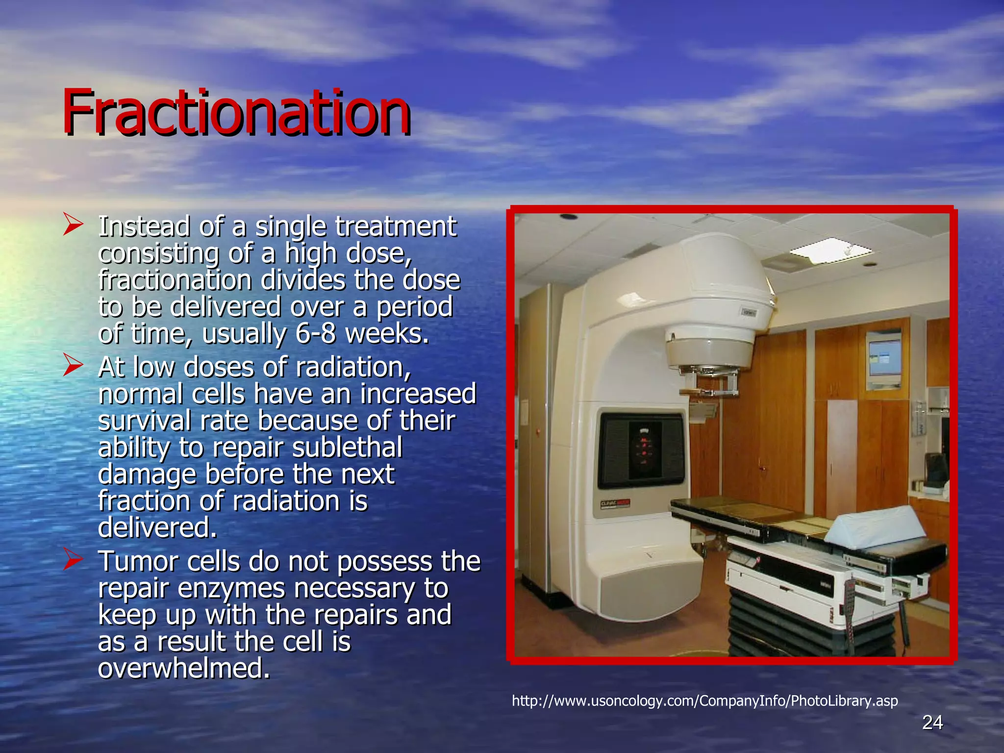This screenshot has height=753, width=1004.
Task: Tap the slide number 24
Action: (x=932, y=722)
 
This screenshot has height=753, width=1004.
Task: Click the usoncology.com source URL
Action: (x=704, y=701)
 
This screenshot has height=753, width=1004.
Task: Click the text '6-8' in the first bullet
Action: (x=316, y=334)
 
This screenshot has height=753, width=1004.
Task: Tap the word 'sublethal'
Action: (x=347, y=447)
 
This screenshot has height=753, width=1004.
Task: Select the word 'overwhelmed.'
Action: (x=184, y=668)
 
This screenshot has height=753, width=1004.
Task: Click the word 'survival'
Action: (x=144, y=421)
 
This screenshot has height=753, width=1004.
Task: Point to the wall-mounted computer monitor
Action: (x=885, y=359)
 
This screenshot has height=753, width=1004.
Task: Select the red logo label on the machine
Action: (x=615, y=504)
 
